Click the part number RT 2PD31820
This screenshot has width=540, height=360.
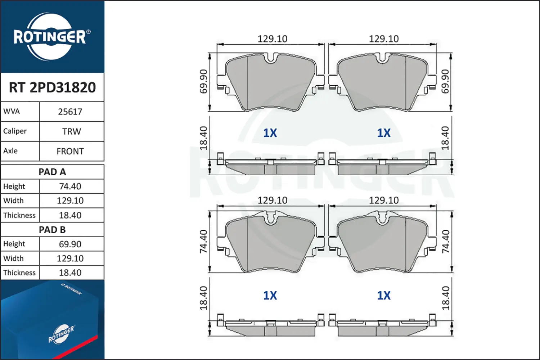[52, 87]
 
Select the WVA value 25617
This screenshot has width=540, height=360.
[70, 112]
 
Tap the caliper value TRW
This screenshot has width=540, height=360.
[72, 131]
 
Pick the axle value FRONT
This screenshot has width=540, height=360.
[70, 152]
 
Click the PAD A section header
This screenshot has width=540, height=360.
[52, 172]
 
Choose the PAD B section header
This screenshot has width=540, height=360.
[52, 230]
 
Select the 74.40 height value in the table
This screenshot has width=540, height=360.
[70, 186]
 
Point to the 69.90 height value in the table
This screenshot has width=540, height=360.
[70, 244]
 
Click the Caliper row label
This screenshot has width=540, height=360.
[15, 131]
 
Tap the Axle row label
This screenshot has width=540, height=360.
[10, 151]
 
